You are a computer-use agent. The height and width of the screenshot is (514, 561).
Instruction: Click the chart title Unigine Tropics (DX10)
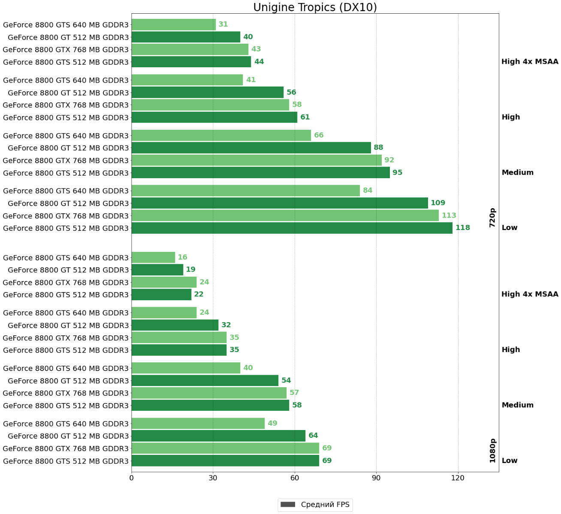[315, 7]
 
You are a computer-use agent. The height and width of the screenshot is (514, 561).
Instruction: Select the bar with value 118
[292, 228]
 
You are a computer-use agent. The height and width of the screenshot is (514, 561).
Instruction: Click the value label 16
[182, 257]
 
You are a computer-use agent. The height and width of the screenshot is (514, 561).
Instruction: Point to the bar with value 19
[157, 270]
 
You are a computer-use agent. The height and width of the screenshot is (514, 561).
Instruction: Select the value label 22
[199, 295]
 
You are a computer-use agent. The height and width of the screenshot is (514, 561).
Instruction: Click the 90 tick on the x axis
[376, 478]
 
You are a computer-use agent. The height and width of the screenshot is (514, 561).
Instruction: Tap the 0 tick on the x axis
[131, 478]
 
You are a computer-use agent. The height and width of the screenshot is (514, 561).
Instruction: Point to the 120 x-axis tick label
[458, 478]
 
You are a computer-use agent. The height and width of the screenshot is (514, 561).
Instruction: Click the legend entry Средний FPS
[315, 505]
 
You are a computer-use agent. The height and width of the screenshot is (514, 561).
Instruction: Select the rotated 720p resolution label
[492, 218]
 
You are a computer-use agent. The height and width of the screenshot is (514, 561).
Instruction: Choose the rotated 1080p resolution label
[492, 451]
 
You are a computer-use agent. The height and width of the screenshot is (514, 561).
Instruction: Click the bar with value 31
[173, 24]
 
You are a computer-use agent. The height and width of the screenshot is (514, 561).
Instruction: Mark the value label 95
[397, 173]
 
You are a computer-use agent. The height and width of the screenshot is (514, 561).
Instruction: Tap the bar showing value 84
[245, 191]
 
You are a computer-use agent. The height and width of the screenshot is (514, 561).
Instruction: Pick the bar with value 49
[198, 424]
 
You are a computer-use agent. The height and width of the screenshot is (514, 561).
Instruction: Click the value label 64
[313, 436]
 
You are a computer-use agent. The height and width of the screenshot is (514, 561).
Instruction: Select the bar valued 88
[251, 148]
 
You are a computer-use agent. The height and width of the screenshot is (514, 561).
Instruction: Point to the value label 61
[305, 117]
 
